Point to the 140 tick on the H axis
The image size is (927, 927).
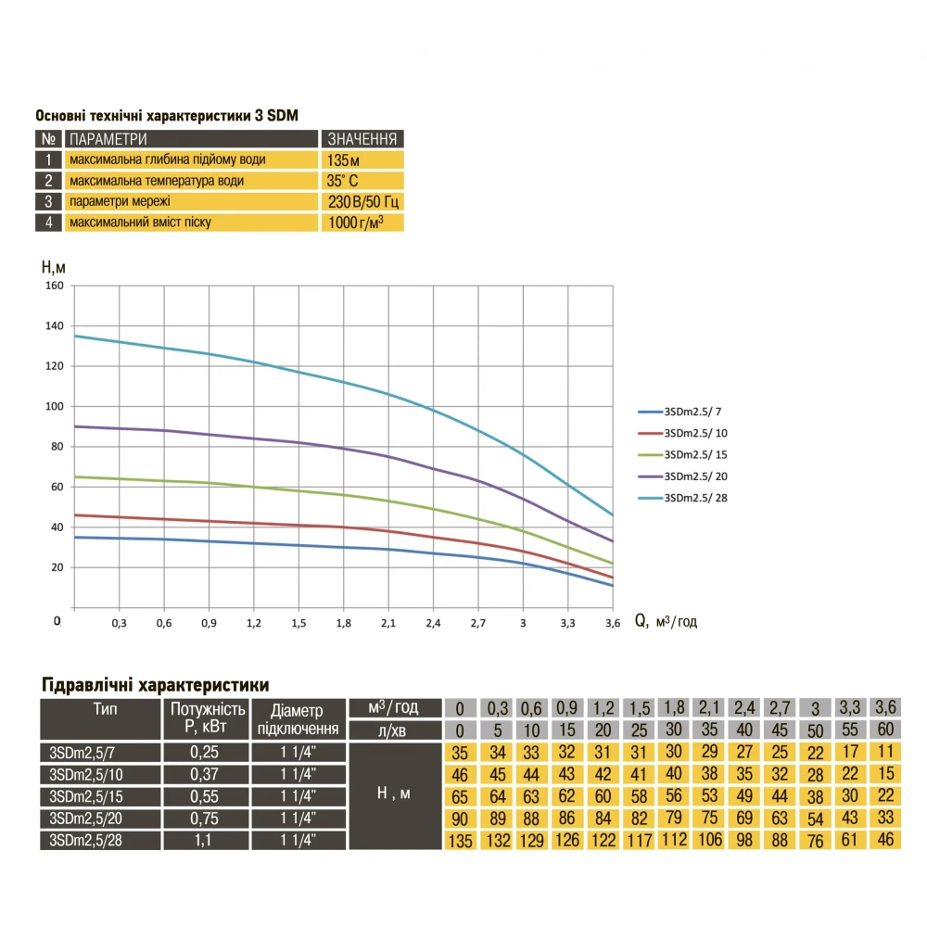[x=55, y=326]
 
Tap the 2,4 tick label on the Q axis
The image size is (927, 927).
[x=433, y=623]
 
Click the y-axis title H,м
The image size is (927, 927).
[x=54, y=267]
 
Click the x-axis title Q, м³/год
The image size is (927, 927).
[x=666, y=622]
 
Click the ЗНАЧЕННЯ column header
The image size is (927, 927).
[x=362, y=139]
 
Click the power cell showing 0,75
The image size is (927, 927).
[x=208, y=818]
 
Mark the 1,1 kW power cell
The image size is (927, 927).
[x=208, y=840]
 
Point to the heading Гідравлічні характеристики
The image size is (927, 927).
[x=156, y=685]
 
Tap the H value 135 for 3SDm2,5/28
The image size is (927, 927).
[x=461, y=841]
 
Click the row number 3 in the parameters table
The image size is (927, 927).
[x=47, y=201]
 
